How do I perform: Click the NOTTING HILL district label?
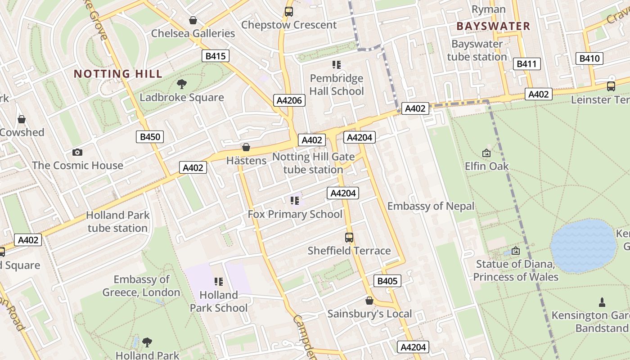[118, 74]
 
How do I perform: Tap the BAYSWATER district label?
[493, 26]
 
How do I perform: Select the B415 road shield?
[215, 56]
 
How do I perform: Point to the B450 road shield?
[150, 137]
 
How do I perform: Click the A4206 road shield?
[289, 100]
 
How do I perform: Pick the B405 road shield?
[387, 281]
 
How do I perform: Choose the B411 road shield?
[526, 64]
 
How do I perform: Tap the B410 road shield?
[589, 58]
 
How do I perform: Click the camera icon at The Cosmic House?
[77, 153]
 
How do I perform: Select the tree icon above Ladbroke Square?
[182, 84]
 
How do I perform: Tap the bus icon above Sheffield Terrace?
[349, 237]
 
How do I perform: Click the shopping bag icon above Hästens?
[246, 147]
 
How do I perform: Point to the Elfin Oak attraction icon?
[486, 153]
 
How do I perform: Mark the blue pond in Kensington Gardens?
[583, 246]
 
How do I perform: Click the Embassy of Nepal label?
[431, 206]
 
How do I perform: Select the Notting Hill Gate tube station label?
[313, 163]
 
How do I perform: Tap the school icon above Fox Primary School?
[295, 201]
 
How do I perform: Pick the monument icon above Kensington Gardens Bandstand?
[602, 302]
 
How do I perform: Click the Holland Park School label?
[219, 301]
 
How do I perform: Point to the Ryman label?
[488, 9]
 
